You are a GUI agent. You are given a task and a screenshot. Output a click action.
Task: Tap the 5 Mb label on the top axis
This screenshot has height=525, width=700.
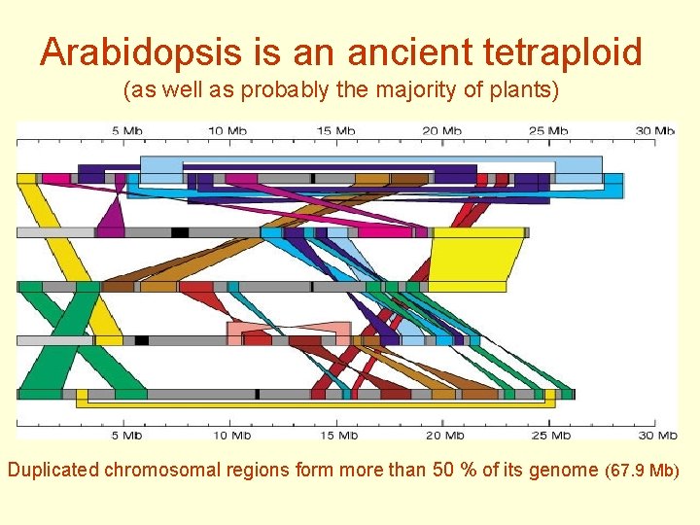[x=128, y=130]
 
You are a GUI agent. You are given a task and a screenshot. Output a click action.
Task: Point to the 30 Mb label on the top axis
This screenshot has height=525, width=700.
[x=653, y=130]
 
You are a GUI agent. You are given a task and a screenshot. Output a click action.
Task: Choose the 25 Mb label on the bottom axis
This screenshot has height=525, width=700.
[x=550, y=435]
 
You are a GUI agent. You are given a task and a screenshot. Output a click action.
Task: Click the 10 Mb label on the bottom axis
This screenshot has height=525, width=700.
[x=231, y=435]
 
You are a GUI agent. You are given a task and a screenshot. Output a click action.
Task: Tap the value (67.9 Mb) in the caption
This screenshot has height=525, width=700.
[x=642, y=472]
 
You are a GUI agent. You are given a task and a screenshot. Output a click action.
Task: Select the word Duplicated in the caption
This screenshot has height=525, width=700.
[x=53, y=471]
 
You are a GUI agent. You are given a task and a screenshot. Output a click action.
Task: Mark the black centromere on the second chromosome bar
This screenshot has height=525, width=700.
[x=180, y=232]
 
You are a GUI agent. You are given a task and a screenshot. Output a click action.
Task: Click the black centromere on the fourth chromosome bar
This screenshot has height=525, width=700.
[x=142, y=340]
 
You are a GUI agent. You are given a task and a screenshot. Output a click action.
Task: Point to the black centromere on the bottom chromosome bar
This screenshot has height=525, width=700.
[x=257, y=394]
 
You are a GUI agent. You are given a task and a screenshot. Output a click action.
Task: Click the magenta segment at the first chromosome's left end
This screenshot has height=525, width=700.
[x=56, y=179]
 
